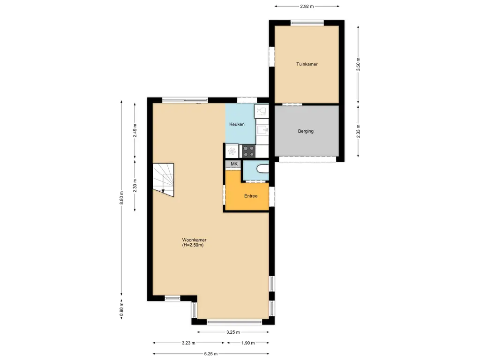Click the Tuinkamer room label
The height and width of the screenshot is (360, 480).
[x=307, y=64]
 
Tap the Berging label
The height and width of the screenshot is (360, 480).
[x=306, y=131]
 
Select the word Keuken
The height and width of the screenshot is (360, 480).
[x=237, y=124]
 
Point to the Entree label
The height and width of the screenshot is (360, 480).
[x=251, y=196]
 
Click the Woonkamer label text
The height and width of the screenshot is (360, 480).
[x=194, y=240]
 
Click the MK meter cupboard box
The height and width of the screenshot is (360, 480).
[x=234, y=164]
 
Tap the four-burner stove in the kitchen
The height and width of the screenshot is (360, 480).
[x=248, y=151]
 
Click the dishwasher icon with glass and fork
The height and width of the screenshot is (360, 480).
[x=261, y=111]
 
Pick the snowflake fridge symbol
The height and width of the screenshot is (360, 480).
[x=231, y=151]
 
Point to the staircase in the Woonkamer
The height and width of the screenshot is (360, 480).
[x=164, y=180]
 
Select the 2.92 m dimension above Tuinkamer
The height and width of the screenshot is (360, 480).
[x=307, y=6]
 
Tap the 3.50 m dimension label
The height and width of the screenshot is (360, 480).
[x=358, y=63]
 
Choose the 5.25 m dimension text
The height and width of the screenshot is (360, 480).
[x=210, y=354]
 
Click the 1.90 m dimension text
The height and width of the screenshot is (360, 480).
[x=248, y=343]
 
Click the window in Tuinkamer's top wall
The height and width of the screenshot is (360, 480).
[x=307, y=22]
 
